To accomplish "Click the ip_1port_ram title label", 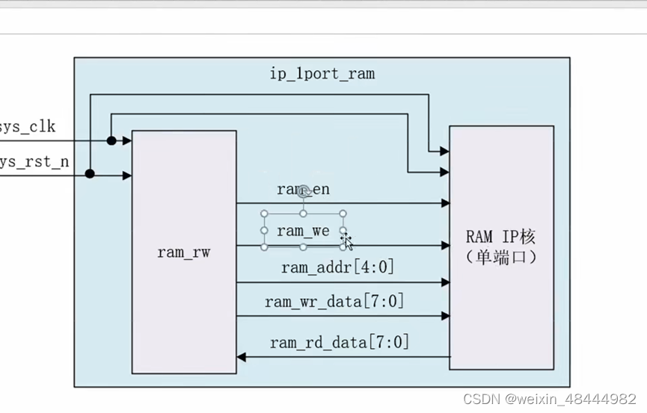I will click(322, 74).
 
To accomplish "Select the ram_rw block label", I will click(184, 252).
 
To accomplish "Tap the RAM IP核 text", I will click(500, 237).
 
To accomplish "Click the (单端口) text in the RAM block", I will click(500, 257).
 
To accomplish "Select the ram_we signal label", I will click(303, 231).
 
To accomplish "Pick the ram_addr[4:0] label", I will click(337, 267).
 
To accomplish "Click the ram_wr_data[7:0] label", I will click(334, 302).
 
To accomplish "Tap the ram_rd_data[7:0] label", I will click(340, 343).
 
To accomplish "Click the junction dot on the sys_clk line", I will click(111, 140).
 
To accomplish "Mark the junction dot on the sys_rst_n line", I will click(90, 174).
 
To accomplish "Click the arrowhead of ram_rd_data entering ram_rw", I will click(242, 358).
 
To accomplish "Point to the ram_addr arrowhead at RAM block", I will click(445, 282).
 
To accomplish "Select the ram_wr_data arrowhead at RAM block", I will click(445, 316).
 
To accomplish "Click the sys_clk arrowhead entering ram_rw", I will click(127, 140).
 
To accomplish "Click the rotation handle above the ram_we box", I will click(304, 192).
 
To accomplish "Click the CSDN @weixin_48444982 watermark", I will click(550, 399).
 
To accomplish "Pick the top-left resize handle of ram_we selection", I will click(264, 214).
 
